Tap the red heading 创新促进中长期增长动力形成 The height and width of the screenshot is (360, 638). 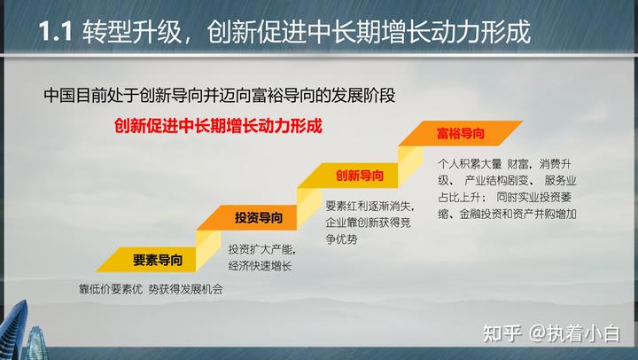click(x=218, y=126)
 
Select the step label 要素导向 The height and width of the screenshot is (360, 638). click(x=158, y=260)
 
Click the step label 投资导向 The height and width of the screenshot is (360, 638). click(x=259, y=217)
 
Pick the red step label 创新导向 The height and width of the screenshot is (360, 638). click(x=360, y=175)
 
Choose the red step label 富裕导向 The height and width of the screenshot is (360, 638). click(x=460, y=133)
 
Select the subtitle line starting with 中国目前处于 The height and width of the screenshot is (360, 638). click(x=216, y=94)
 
